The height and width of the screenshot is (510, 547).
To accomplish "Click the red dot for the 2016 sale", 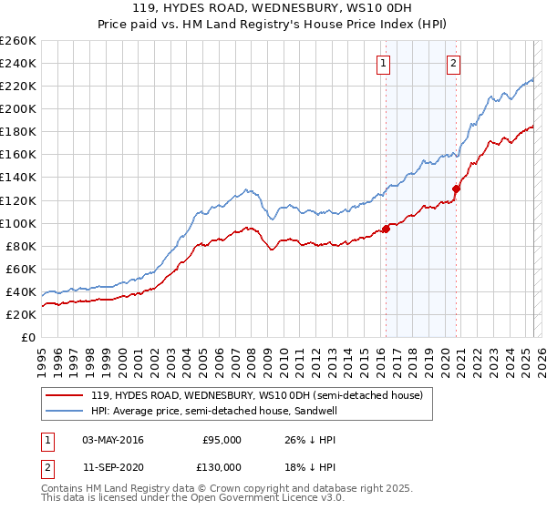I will coord(386,229).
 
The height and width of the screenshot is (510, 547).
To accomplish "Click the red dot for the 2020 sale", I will coord(456,189).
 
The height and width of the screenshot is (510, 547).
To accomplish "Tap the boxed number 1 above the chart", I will coord(382,64).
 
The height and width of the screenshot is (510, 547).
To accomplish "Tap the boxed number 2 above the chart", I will coord(453,64).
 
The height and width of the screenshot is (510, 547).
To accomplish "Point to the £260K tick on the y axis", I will coord(19,41).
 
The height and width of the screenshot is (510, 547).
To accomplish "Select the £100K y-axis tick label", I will coord(19,223).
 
